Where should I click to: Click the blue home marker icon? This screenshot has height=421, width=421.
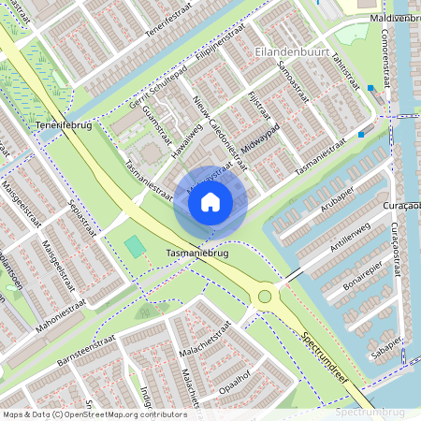coord(210,201)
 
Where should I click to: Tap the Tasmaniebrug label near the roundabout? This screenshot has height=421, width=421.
coord(198,254)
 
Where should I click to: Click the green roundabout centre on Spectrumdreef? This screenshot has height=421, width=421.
coord(265,297)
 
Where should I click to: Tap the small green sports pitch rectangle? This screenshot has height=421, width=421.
coord(135,248)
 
